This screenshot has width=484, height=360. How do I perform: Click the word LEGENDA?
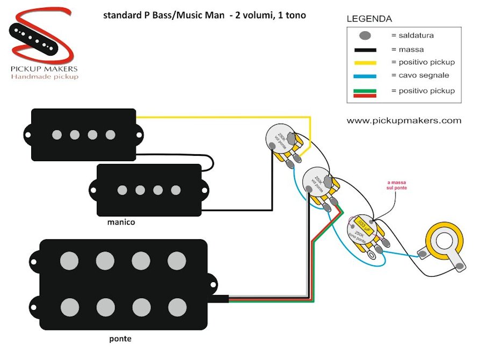369,19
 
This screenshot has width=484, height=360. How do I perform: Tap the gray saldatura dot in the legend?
365,36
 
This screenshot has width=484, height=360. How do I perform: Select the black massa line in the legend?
365,49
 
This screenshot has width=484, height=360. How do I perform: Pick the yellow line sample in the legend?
365,62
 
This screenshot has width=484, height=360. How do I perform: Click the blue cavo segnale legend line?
365,76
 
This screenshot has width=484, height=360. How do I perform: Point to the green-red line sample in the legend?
365,92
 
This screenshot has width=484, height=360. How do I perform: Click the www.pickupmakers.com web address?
404,120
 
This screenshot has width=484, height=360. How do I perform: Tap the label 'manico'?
120,221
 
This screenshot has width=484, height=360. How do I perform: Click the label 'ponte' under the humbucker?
120,339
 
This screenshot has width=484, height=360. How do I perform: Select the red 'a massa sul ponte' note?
397,186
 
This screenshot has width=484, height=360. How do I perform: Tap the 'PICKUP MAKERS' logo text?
44,69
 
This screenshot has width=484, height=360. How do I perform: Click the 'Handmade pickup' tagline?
44,77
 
